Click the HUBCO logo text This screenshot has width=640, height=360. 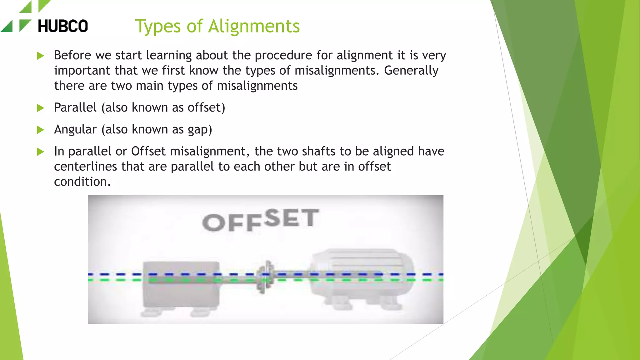(x=62, y=26)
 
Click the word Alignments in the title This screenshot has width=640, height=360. (x=254, y=26)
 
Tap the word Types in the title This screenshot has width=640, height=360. (x=158, y=27)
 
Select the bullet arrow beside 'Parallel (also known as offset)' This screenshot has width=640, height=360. (x=40, y=108)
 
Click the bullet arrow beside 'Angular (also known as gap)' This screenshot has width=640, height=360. (x=40, y=130)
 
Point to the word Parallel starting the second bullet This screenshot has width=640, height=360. (x=75, y=107)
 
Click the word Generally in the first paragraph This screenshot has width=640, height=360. (x=411, y=71)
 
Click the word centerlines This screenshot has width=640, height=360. (x=85, y=167)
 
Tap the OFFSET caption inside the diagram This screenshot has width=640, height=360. (x=260, y=220)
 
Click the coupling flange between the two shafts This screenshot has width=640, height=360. (x=266, y=277)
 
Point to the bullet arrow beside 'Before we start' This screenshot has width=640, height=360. (x=40, y=56)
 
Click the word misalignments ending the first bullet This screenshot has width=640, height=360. (x=257, y=86)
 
